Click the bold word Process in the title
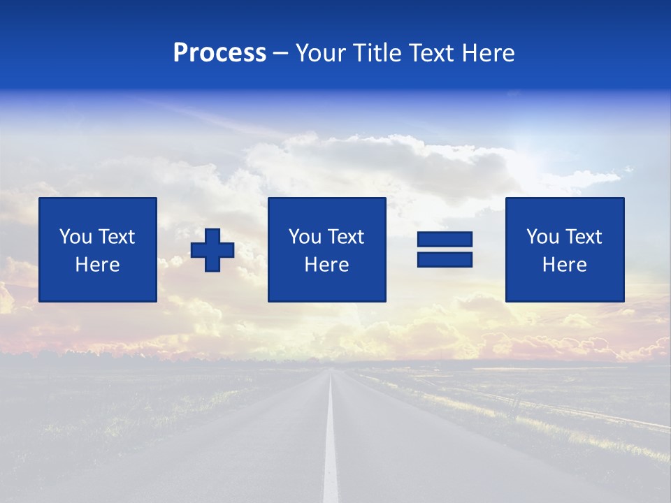[x=219, y=53]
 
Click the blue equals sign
[x=445, y=249]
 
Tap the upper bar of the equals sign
[x=445, y=240]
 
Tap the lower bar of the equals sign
[x=445, y=259]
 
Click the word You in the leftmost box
[x=75, y=237]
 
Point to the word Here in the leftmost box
[x=98, y=265]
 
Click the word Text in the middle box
[x=346, y=237]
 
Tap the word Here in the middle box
[x=327, y=265]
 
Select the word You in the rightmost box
[x=542, y=237]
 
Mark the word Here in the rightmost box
[x=565, y=265]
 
